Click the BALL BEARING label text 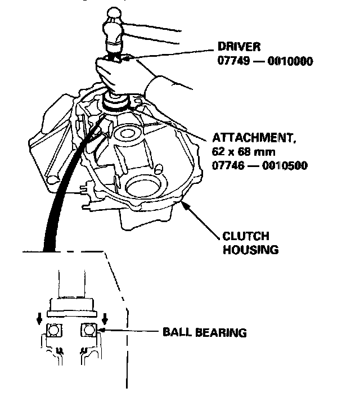click(204, 332)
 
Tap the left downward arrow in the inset click(39, 319)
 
